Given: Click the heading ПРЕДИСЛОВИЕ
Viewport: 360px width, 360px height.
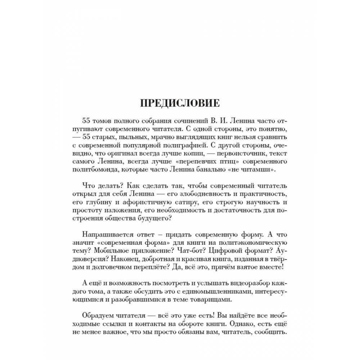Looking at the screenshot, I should click(180, 103).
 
